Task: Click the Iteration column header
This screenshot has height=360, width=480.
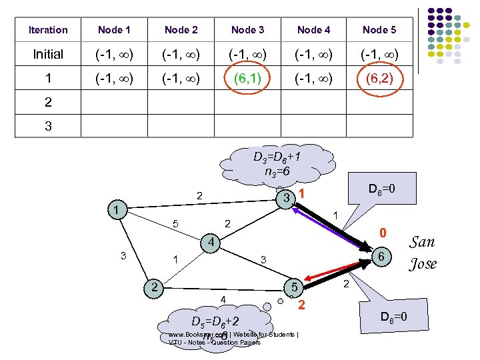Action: tap(48, 30)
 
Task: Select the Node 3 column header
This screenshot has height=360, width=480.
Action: tap(247, 30)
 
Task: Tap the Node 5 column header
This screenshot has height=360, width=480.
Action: tap(379, 30)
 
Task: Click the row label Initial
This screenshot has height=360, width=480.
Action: tap(48, 54)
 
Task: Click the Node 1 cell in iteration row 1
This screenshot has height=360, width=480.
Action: tap(114, 79)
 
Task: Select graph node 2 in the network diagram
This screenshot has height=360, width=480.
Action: tap(154, 287)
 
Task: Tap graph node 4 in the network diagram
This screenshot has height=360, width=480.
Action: tap(210, 241)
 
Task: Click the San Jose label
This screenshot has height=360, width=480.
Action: tap(423, 253)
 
